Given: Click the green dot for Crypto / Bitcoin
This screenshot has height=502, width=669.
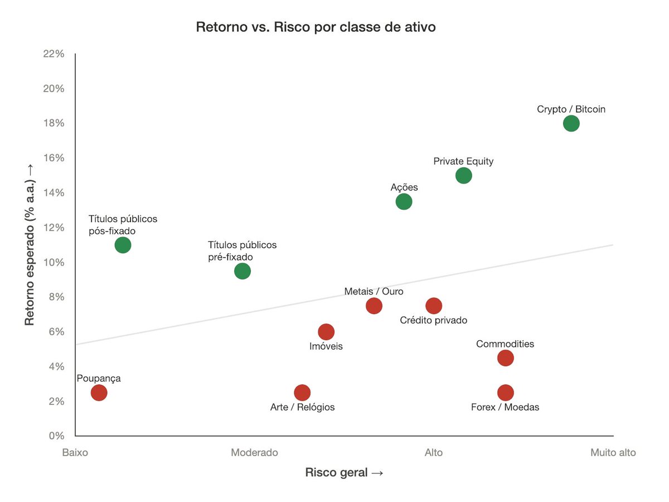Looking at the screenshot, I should [x=571, y=123].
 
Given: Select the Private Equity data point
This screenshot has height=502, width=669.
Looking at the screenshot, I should [x=463, y=176].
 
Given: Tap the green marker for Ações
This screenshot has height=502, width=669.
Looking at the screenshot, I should [x=404, y=202].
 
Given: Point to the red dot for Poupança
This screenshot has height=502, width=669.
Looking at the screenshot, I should [x=99, y=393].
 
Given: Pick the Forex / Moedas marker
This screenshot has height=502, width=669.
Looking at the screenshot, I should [x=505, y=393].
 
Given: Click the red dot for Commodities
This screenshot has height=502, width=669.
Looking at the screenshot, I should [x=505, y=358].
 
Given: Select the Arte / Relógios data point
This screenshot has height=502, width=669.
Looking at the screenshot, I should [x=302, y=393].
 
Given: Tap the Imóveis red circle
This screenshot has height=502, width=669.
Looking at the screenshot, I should [x=326, y=332].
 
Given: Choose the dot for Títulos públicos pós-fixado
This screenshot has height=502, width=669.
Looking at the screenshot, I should [x=123, y=245].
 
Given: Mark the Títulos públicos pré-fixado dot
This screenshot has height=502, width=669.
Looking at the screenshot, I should [x=242, y=271].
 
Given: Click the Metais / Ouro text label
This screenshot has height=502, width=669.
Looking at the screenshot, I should [x=374, y=291].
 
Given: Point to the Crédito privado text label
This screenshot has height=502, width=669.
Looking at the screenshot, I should [x=434, y=320].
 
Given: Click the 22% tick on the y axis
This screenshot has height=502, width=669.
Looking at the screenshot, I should [x=54, y=54].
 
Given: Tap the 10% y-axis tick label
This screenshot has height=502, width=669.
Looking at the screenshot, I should [x=54, y=262].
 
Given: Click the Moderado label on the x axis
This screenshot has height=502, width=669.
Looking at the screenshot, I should [x=254, y=452].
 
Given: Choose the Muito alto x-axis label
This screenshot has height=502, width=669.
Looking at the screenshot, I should [x=613, y=452].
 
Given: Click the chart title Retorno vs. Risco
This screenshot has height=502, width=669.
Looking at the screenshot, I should [x=316, y=27].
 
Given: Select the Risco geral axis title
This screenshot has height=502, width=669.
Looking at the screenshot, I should [x=344, y=472].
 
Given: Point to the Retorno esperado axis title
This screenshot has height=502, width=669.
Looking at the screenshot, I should [x=30, y=245].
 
